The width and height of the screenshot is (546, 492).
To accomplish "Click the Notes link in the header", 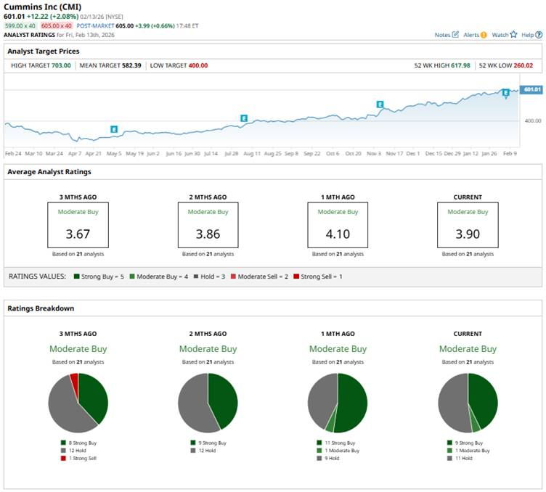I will pos(446,35).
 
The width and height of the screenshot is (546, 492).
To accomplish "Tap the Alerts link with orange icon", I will pos(474,35).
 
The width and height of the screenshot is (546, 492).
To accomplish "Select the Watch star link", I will pos(504,35).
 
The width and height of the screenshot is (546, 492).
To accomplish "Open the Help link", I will pos(531,35).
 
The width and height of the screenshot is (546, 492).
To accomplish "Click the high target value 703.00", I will pos(61,65).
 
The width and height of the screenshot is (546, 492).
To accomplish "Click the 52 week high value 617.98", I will pos(459,65).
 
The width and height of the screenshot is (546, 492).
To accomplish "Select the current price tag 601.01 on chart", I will pos(532,89).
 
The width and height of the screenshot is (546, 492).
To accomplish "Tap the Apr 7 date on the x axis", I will pos(74,154).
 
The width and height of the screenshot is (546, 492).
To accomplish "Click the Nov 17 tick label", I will pos(394,154).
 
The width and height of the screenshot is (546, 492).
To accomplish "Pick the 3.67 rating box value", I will pos(78,234).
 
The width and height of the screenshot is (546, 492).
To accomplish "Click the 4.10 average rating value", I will pos(338,234).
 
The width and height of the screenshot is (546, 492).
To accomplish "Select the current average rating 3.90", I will pos(468,234).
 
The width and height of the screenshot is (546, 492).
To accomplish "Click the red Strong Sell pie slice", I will pos(73,380).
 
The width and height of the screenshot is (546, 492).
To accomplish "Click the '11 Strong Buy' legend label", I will pos(340,443).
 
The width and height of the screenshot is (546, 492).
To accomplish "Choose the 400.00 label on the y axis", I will pos(532,120).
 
